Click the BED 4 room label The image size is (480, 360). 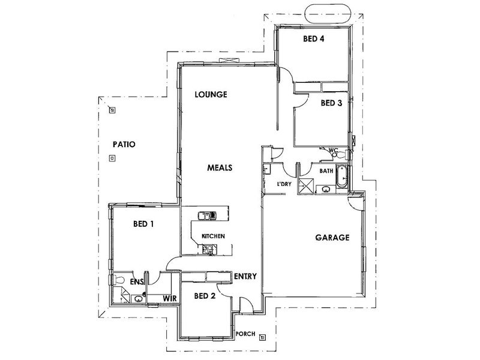coord(314,39)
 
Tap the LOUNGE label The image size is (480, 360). coord(211,94)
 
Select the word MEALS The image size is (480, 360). coord(220,168)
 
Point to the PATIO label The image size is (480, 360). coord(124,144)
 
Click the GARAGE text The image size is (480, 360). coord(332,238)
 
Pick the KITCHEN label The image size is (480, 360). coord(213,236)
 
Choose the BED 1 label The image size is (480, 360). coord(143,224)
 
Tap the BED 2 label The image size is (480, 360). coord(205,296)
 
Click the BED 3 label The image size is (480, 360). coord(331,103)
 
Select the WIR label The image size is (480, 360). coord(170,298)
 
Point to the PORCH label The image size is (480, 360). coord(245,334)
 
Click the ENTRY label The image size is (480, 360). coord(245,277)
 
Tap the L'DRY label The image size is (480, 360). coord(284,184)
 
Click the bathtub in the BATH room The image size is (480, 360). coord(341,176)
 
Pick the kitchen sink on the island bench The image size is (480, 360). coord(207,216)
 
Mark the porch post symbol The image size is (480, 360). coord(262,337)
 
